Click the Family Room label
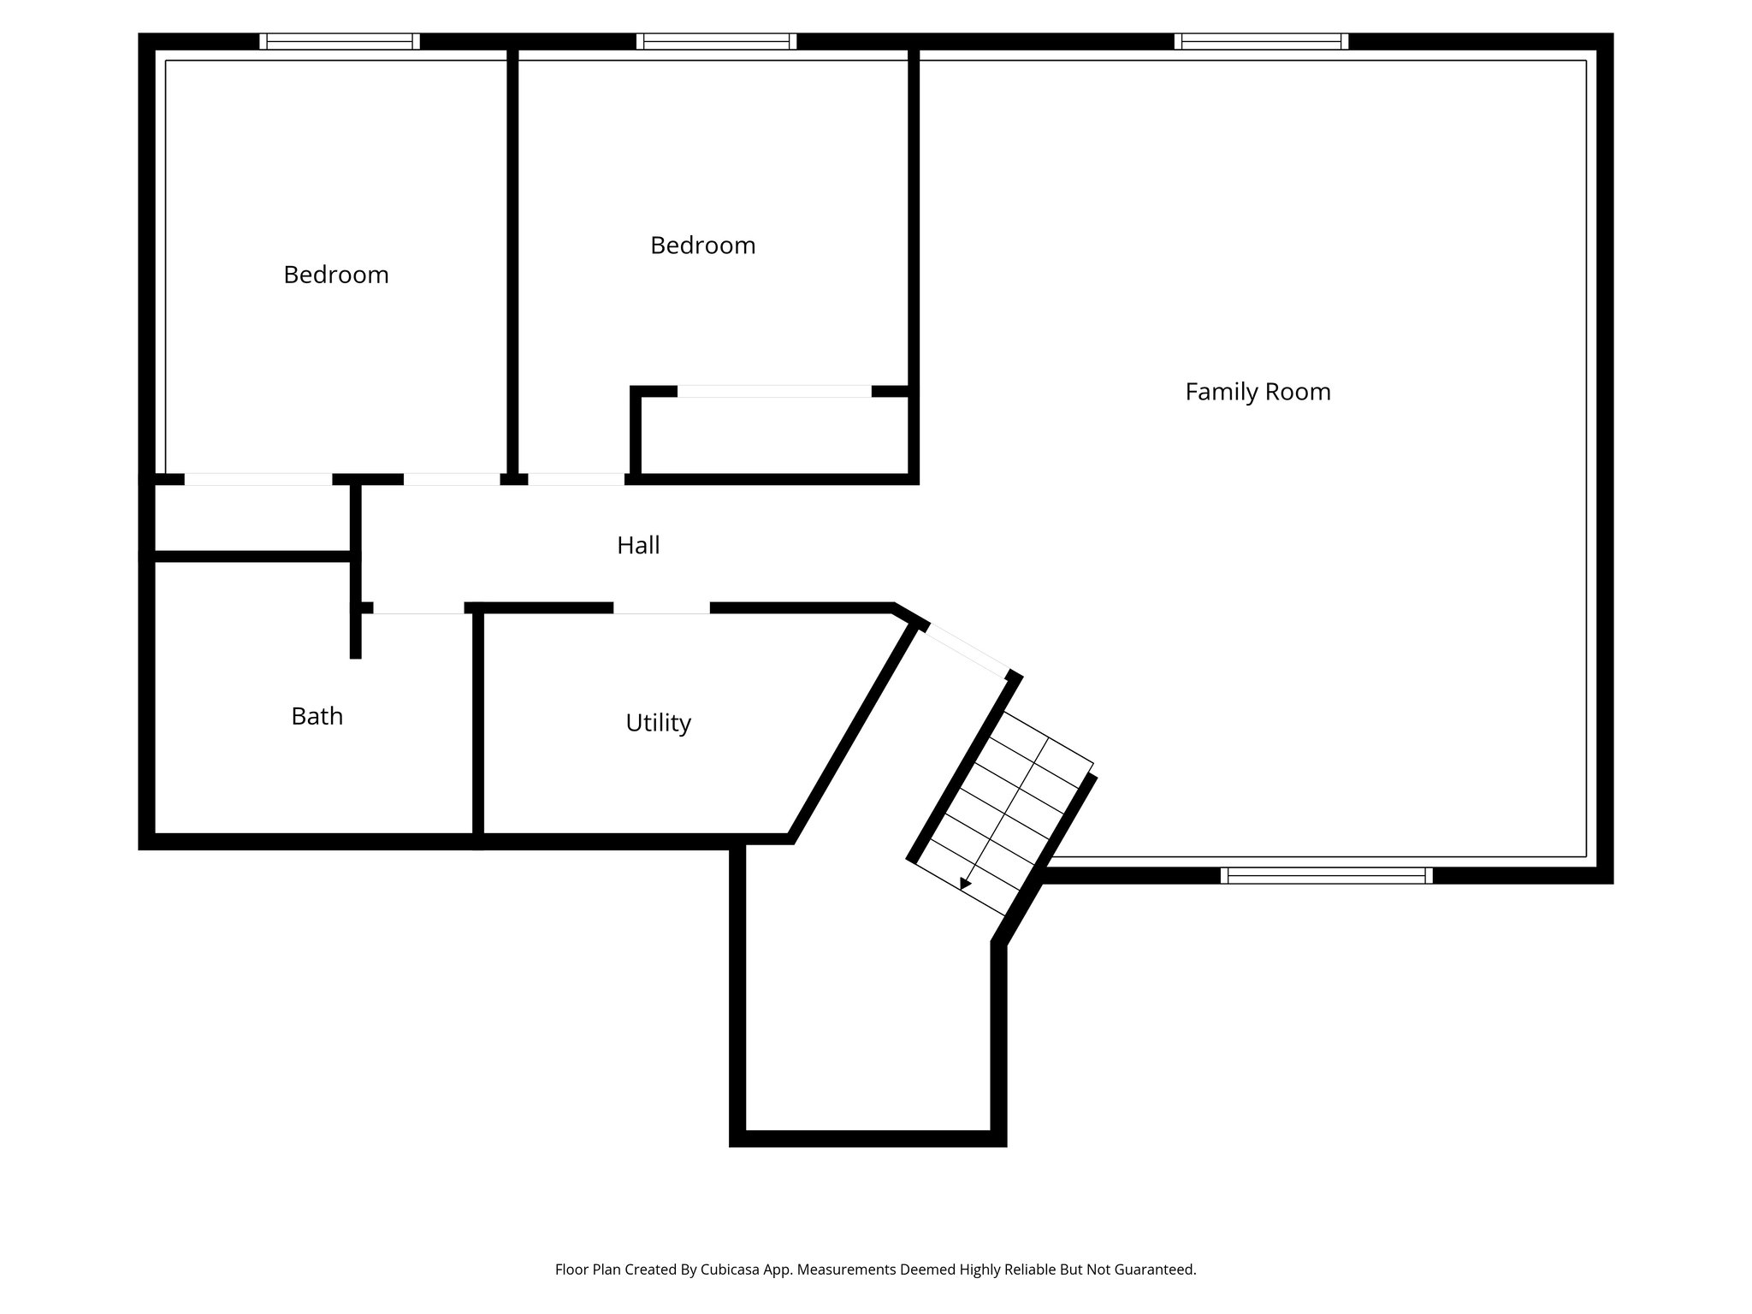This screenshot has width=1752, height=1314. click(x=1258, y=392)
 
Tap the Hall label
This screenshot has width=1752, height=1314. click(x=638, y=546)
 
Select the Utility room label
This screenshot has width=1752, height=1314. click(x=658, y=723)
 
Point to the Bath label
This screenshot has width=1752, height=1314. click(x=317, y=716)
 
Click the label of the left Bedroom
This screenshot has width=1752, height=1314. click(x=336, y=275)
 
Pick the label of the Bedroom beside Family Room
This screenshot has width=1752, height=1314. click(x=702, y=246)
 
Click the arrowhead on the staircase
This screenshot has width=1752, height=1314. click(x=966, y=884)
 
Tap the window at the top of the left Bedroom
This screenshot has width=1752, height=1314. click(x=340, y=41)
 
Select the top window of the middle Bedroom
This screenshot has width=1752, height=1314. click(x=717, y=41)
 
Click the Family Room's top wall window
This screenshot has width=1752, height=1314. click(x=1261, y=41)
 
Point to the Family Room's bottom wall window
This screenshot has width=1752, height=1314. click(x=1326, y=875)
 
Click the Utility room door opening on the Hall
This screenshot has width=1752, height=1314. click(x=661, y=608)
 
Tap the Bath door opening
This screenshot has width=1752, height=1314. click(x=418, y=608)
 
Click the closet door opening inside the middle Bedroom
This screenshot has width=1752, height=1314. click(x=774, y=392)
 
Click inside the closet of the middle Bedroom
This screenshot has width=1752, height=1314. click(x=774, y=436)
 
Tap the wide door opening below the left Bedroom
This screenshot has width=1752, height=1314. click(x=257, y=480)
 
